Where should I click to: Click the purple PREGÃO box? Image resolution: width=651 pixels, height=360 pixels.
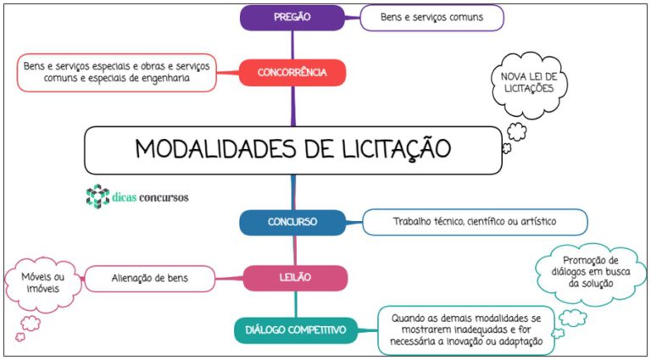(292, 18)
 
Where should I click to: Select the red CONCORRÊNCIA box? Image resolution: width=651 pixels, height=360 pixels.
(292, 73)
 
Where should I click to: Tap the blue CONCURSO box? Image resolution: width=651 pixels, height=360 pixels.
(292, 222)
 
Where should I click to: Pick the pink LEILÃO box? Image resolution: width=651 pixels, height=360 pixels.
(295, 278)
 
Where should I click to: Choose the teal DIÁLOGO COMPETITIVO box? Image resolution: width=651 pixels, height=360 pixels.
(296, 330)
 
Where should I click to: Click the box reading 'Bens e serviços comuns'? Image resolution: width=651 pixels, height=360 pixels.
(431, 18)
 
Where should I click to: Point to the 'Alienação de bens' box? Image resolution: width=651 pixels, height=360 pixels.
(150, 279)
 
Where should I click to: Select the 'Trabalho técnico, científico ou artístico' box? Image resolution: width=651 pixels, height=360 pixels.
(475, 222)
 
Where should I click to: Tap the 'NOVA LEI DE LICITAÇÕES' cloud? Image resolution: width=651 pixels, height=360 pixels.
(527, 84)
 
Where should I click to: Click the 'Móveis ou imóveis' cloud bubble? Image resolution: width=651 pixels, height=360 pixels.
(42, 282)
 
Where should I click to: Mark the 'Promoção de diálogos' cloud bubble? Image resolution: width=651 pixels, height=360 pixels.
(590, 273)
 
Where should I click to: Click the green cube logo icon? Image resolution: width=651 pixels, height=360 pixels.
(97, 197)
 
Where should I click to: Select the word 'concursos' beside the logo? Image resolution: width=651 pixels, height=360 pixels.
(164, 197)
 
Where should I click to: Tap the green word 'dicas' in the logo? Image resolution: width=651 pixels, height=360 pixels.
(124, 197)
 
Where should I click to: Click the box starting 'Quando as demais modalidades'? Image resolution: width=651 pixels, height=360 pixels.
(466, 330)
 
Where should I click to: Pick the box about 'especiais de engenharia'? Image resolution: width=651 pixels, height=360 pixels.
(117, 73)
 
